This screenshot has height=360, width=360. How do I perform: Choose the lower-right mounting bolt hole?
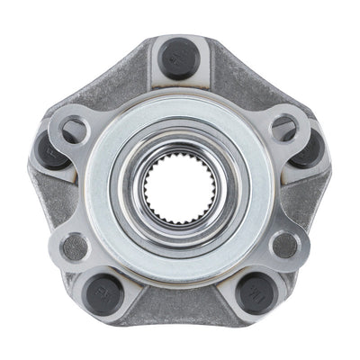click(x=283, y=244)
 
